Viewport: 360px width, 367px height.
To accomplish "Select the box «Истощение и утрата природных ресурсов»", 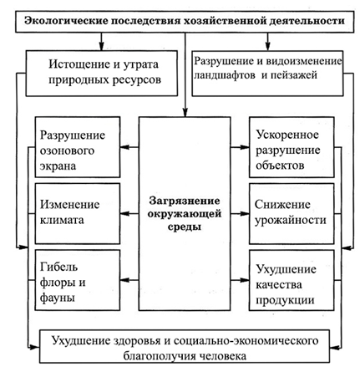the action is click(x=102, y=74).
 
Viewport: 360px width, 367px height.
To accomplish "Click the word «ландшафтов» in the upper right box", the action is click(x=225, y=75).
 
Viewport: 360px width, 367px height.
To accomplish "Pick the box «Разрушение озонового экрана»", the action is click(x=78, y=147).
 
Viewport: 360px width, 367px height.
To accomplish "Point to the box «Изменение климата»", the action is click(x=78, y=213).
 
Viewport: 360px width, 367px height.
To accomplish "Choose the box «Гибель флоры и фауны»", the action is click(x=78, y=280).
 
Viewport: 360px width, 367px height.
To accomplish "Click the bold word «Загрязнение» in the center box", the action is click(x=185, y=201).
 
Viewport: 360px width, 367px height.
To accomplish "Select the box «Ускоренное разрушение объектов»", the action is click(x=292, y=147).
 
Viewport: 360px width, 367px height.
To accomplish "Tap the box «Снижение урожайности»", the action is click(x=292, y=213).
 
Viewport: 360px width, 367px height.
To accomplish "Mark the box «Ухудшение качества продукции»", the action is click(x=292, y=280).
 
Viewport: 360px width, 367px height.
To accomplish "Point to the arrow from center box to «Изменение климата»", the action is click(x=129, y=214).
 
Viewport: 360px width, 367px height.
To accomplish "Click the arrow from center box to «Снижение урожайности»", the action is click(x=240, y=214).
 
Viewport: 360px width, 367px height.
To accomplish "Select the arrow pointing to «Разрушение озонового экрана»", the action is click(x=129, y=147).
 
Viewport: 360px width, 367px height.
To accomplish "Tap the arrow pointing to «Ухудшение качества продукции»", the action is click(x=240, y=280).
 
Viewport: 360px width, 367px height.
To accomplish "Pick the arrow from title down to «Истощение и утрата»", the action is click(x=101, y=42).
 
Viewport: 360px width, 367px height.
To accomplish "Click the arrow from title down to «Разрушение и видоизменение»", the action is click(x=267, y=42).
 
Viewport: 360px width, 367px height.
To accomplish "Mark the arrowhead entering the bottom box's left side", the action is click(x=35, y=347).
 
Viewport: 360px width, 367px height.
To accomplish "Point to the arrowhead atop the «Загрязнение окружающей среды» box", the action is click(x=185, y=113).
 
